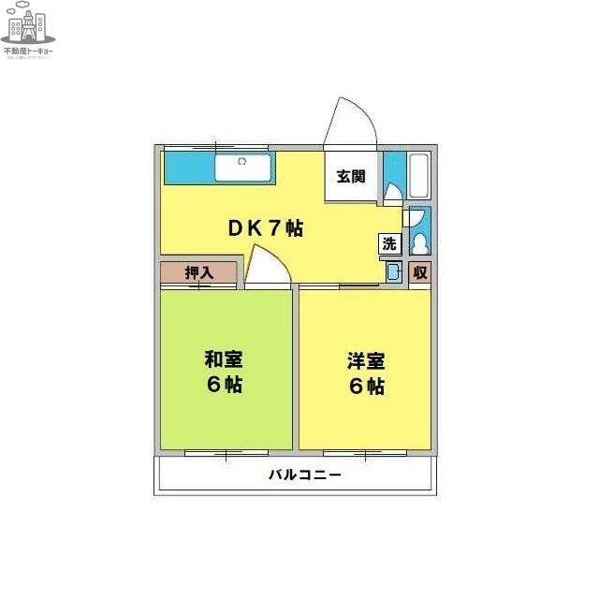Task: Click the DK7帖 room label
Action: pos(266,227)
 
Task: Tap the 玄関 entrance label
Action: pos(351,176)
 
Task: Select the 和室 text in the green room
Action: pos(225,359)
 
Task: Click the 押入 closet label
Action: pos(198,273)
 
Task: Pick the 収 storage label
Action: pos(420,272)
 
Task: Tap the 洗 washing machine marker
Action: pos(389,244)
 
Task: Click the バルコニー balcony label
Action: pos(305,475)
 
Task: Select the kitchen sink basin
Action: pos(242,168)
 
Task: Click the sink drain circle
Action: pos(241,162)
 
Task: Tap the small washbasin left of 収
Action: pos(394,272)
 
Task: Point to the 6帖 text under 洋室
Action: pos(367,386)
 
